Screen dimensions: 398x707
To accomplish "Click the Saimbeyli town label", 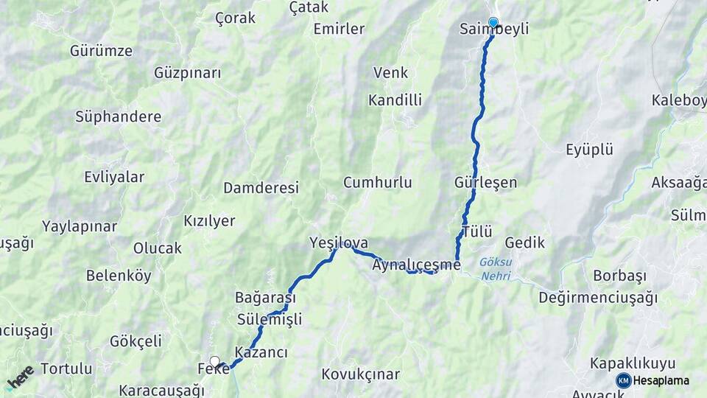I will coord(493,29).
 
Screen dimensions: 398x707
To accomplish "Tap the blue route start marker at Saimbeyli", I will coord(493,22).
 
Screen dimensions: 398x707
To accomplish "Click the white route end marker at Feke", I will coord(214,360).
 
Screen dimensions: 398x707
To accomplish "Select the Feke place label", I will coord(214,368).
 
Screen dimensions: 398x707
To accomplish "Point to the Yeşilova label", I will coord(339,242).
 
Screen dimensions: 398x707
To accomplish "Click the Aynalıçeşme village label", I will coord(417,264).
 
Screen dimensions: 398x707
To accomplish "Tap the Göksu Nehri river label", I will coord(495,269).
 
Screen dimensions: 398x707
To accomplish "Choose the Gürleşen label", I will coord(486,182).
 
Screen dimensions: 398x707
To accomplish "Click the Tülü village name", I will coord(477,232).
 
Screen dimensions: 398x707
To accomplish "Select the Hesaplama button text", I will coord(661,380).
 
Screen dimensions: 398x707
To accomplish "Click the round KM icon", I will coord(624,380).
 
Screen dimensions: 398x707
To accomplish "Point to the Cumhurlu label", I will coord(377,182).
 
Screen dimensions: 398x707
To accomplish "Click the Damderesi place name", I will coord(261,188).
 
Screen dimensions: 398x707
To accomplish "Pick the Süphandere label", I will coord(118,116).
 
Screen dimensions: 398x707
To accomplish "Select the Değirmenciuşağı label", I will coord(597,298).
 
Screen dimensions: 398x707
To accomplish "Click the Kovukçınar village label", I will coord(361,374).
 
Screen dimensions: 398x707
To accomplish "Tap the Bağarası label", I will coord(265,298).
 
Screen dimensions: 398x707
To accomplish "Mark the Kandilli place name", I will coord(395,99).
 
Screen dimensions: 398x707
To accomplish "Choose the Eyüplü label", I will coord(589,150).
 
